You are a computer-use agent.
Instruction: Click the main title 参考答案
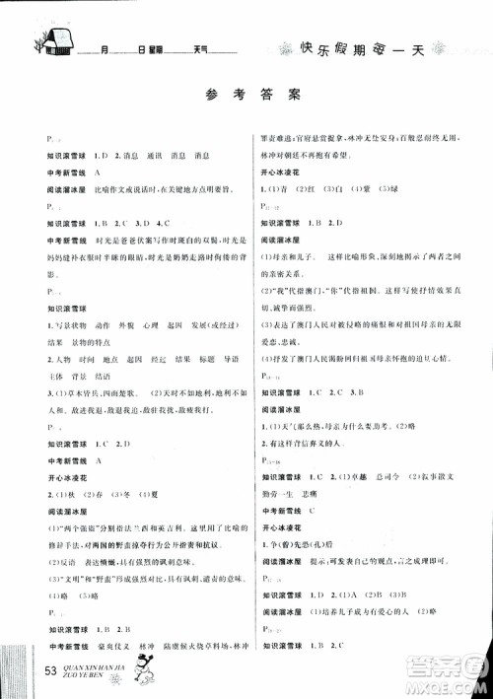(246, 96)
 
